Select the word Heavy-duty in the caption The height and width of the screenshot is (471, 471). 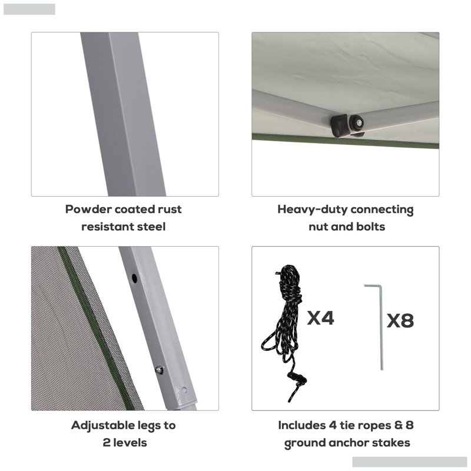[312, 210]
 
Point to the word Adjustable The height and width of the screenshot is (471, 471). [102, 426]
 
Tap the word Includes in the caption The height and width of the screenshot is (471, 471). [302, 425]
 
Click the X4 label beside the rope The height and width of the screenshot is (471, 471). [320, 318]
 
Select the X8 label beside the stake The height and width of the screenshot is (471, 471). [400, 320]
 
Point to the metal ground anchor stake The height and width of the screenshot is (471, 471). [381, 327]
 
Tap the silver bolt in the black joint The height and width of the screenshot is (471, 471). [359, 122]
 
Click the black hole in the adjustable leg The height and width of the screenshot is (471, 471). [134, 278]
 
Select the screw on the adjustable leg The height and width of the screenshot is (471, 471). [159, 370]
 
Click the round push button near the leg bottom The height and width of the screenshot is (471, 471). [184, 390]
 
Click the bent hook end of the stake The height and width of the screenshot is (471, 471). [373, 286]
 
